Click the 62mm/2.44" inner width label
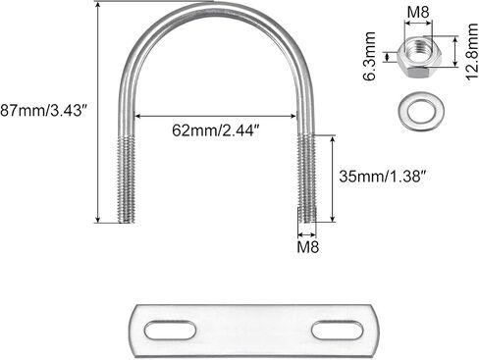(x=216, y=130)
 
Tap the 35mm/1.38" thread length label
(x=383, y=177)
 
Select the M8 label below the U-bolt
(x=307, y=247)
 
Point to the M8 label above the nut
(x=418, y=13)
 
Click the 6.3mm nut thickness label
(x=370, y=56)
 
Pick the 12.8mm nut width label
(x=472, y=51)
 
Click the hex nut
(x=418, y=57)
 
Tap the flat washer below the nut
(x=421, y=110)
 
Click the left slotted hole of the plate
(x=170, y=331)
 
